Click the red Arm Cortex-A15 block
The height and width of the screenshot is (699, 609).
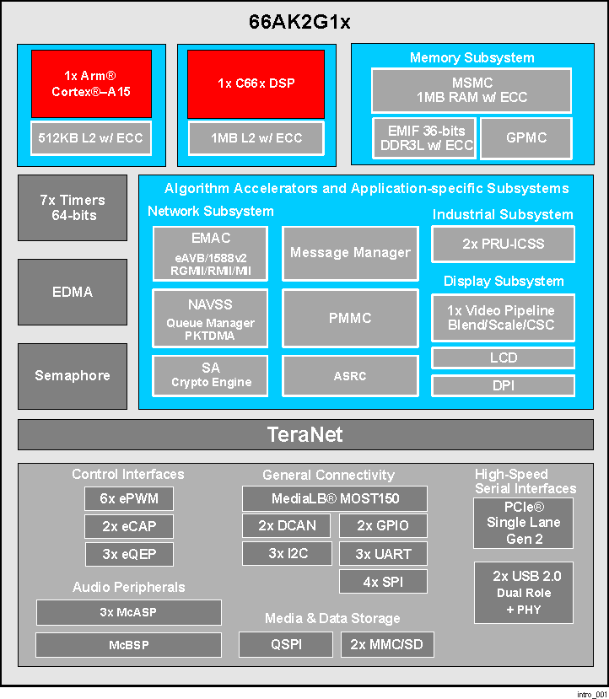click(91, 83)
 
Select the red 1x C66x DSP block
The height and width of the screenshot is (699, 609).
click(256, 83)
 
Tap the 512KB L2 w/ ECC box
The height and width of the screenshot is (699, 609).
click(91, 138)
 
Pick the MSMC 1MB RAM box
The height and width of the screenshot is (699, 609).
click(472, 90)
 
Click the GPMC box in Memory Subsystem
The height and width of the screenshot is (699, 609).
click(526, 138)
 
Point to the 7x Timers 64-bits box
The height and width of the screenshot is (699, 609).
click(73, 207)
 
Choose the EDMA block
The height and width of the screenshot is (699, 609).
click(73, 292)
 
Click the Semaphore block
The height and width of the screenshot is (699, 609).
click(73, 375)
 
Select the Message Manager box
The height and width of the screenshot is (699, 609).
click(350, 252)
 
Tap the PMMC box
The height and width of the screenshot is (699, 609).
click(350, 318)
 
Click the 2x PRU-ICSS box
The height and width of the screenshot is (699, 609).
click(504, 244)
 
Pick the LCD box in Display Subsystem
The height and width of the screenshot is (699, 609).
click(504, 358)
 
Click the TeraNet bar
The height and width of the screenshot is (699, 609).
click(305, 435)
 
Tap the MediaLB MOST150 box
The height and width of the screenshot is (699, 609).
click(334, 498)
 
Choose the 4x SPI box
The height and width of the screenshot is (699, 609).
click(383, 582)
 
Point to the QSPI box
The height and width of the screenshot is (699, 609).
click(286, 645)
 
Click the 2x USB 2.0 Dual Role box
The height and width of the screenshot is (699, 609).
click(523, 593)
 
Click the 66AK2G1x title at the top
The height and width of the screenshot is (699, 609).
click(299, 22)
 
